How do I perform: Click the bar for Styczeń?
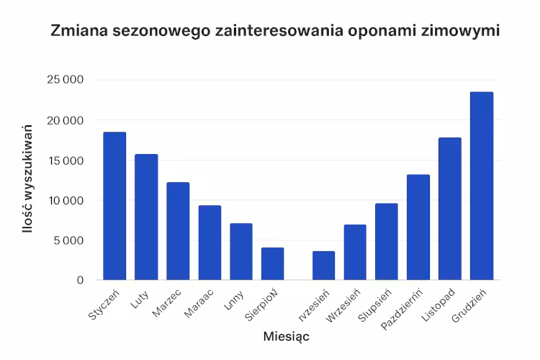[114, 206]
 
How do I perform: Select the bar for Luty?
[146, 217]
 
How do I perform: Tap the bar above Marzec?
[178, 231]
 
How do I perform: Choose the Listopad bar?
[450, 209]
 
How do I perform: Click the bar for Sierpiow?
[273, 264]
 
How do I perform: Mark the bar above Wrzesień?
[355, 252]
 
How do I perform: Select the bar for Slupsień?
[387, 241]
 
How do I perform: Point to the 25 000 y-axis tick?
[65, 80]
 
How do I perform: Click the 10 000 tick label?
[65, 200]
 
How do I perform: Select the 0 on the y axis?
[80, 280]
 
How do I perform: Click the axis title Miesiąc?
[287, 336]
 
